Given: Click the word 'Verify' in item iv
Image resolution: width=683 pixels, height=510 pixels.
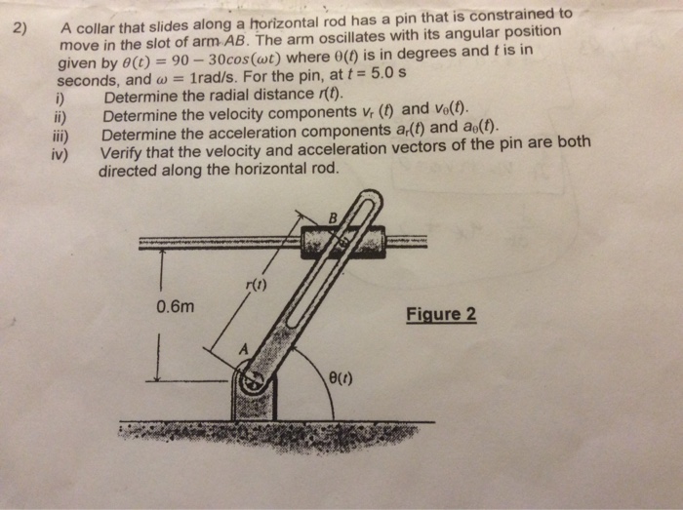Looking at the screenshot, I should (122, 151).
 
